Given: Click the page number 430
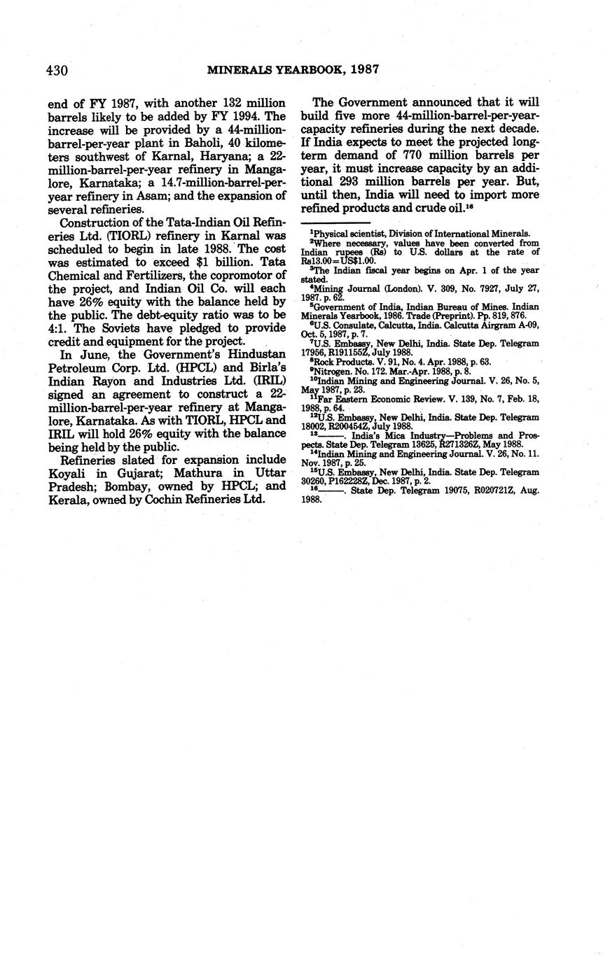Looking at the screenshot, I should [57, 70].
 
